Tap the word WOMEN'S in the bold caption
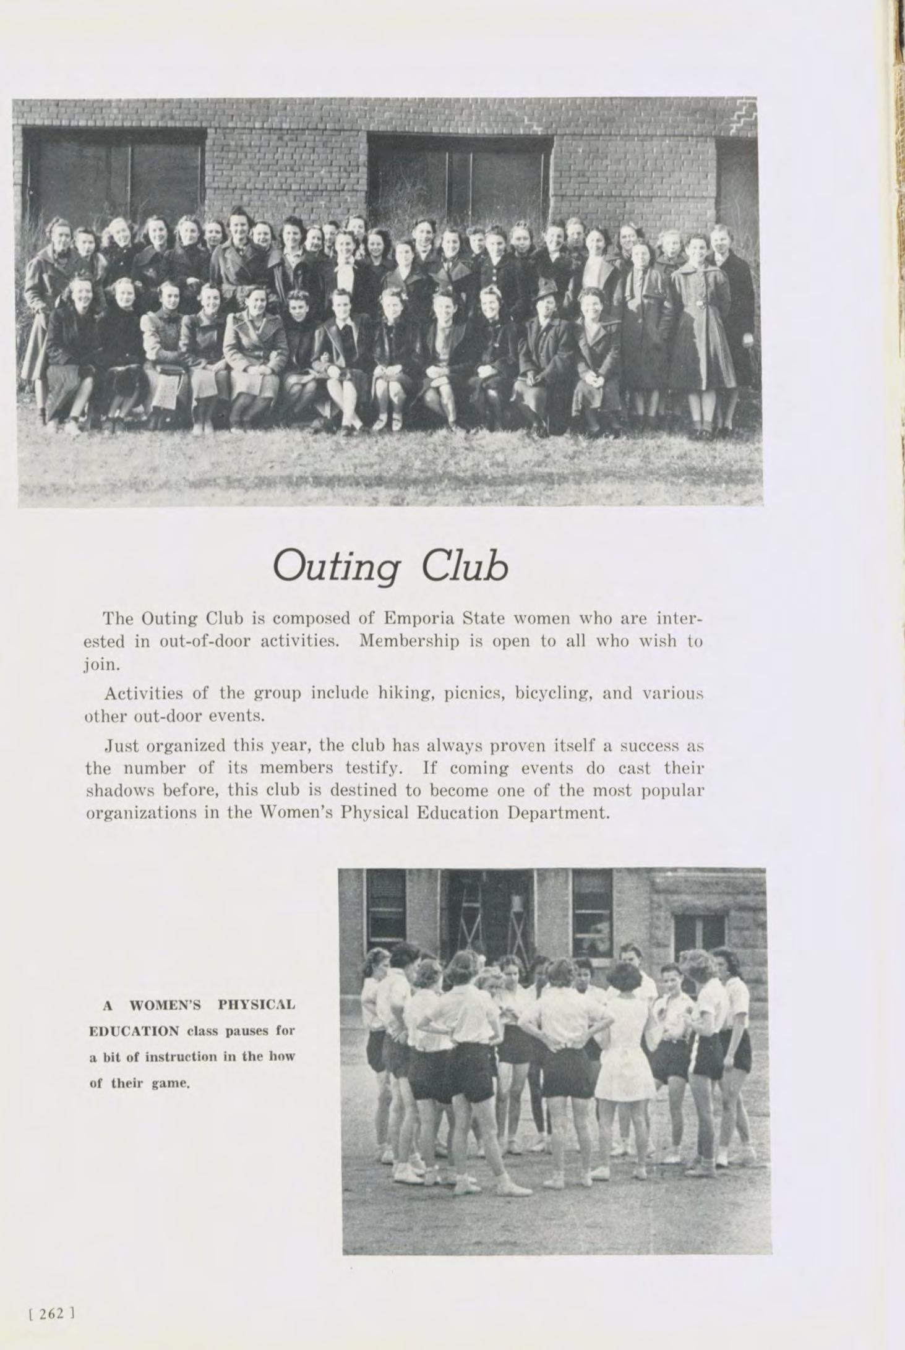pyautogui.click(x=165, y=1006)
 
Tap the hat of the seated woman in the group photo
pyautogui.click(x=547, y=288)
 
